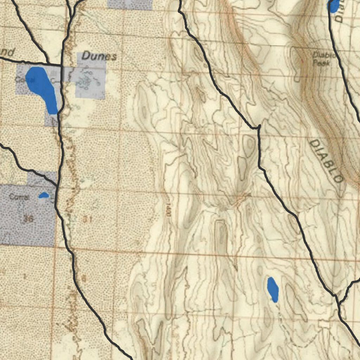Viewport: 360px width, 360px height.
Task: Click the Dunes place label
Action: (x=99, y=56)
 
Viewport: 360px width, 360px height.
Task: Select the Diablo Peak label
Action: (x=321, y=58)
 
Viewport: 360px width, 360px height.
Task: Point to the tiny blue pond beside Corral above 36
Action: (x=44, y=195)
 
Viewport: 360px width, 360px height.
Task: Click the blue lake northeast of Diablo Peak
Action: (x=333, y=6)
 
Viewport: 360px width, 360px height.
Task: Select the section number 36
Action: (x=28, y=219)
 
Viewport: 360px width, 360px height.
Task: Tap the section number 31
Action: (x=88, y=219)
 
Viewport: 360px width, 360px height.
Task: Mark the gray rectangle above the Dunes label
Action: (x=130, y=4)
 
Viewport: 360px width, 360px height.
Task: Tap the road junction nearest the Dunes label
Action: (x=62, y=65)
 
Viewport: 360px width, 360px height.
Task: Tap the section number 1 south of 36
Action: (x=25, y=276)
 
